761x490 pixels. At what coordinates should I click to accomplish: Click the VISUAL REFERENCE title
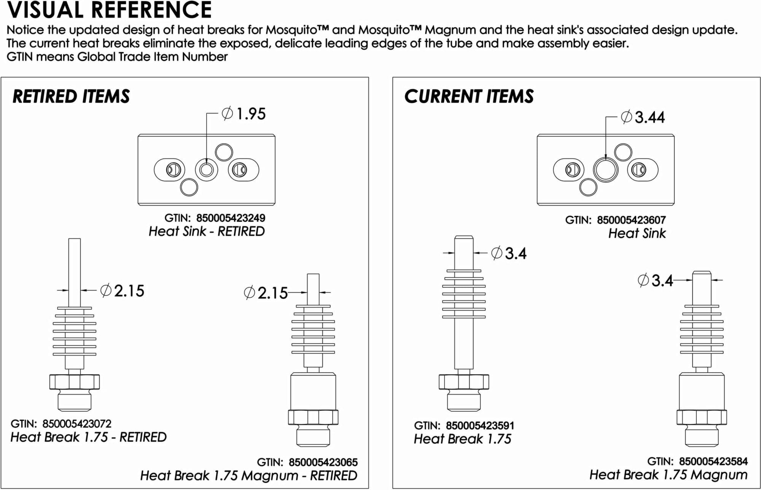click(109, 10)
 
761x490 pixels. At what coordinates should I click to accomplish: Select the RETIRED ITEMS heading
click(71, 97)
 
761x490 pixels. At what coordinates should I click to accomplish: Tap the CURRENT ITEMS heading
click(469, 97)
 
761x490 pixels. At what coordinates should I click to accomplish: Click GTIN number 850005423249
click(231, 218)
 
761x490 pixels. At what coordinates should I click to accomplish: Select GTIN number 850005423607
click(631, 220)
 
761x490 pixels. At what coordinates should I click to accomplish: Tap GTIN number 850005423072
click(77, 423)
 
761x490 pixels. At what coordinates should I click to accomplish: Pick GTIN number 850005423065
click(323, 462)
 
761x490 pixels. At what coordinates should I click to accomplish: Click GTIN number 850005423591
click(480, 425)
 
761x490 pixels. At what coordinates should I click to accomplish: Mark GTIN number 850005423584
click(713, 461)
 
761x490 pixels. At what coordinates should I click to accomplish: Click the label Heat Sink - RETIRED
click(207, 232)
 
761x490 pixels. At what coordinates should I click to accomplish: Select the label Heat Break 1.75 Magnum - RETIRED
click(248, 476)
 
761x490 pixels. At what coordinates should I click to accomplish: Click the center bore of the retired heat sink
click(207, 170)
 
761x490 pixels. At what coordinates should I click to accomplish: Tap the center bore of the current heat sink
click(605, 170)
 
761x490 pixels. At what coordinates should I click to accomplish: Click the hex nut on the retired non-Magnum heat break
click(75, 382)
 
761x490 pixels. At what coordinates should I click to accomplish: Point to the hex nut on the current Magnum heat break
click(702, 417)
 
